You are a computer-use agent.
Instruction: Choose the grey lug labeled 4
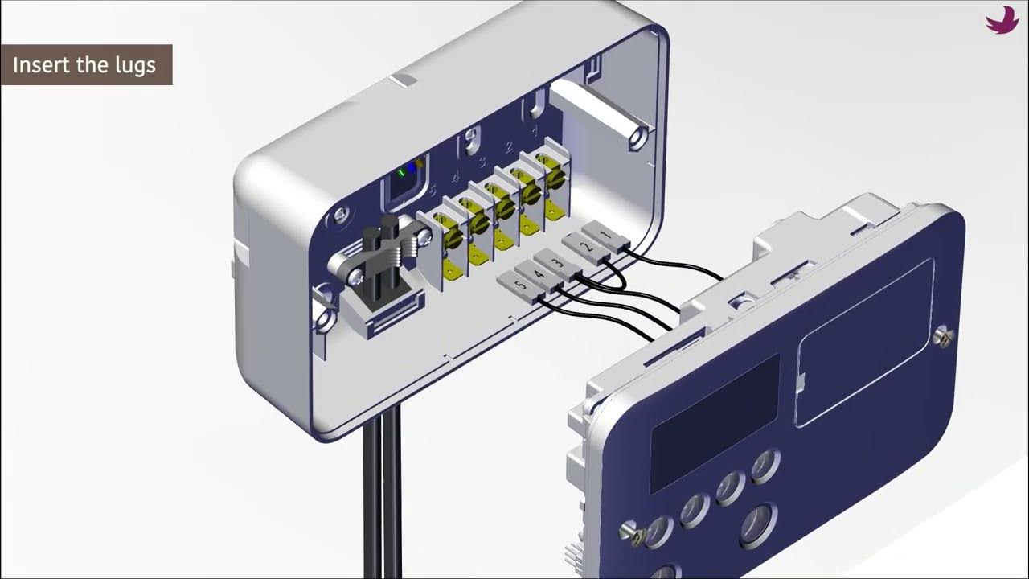539,277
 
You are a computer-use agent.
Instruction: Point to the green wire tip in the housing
401,172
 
